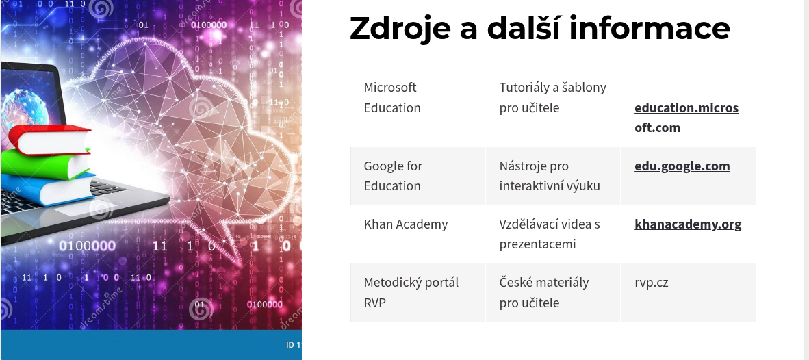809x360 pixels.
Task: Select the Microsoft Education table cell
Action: pos(418,107)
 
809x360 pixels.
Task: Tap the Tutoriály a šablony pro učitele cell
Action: pos(552,107)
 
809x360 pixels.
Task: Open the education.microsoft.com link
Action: pos(686,118)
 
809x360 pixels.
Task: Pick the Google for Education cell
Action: pos(418,176)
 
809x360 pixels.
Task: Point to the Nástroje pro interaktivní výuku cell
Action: pos(552,176)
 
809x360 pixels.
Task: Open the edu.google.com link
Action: pos(682,166)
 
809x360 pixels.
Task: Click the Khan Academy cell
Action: pos(418,234)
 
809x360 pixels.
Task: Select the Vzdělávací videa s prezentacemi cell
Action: pos(552,234)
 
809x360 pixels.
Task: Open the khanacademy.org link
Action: pos(688,225)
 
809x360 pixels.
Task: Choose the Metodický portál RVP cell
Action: pos(418,292)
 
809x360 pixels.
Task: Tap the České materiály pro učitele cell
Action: pos(552,292)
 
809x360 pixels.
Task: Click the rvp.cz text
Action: pos(652,283)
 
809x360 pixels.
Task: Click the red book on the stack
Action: pos(49,140)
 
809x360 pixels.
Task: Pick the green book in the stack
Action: pos(45,164)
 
